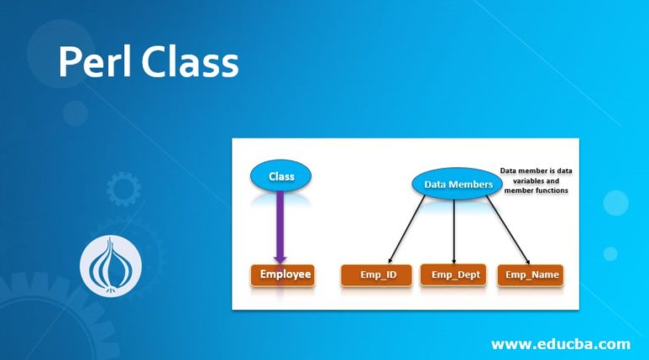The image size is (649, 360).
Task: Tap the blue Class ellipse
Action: tap(281, 176)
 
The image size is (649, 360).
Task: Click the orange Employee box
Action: tap(281, 274)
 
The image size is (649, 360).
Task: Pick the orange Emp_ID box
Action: tap(375, 275)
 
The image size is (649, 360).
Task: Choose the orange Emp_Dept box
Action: tap(454, 275)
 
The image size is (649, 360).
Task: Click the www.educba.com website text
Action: tap(560, 343)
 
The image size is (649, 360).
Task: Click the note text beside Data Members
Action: tap(535, 181)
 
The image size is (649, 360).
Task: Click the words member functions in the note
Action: tap(536, 191)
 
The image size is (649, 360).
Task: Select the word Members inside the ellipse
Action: tap(472, 183)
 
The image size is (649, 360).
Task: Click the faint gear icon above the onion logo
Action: tap(123, 189)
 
